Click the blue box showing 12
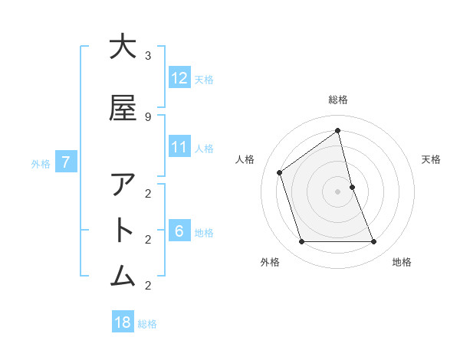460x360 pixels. coord(179,78)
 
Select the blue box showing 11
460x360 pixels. coord(179,147)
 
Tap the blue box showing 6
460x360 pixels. coord(179,231)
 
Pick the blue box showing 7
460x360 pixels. coord(67,162)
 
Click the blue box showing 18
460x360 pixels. coord(123,322)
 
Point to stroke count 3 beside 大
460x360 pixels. coord(148,56)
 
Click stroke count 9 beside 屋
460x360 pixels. coord(148,117)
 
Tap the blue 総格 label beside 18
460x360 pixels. coord(147,324)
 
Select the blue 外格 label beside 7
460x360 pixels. coord(41,163)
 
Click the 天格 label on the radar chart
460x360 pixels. coord(431,159)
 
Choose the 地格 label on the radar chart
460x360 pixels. coord(402,262)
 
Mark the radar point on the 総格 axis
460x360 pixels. coord(338,131)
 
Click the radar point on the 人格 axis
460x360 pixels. coord(280,172)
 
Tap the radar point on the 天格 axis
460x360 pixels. coord(352,187)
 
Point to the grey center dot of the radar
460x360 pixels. coord(338,191)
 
